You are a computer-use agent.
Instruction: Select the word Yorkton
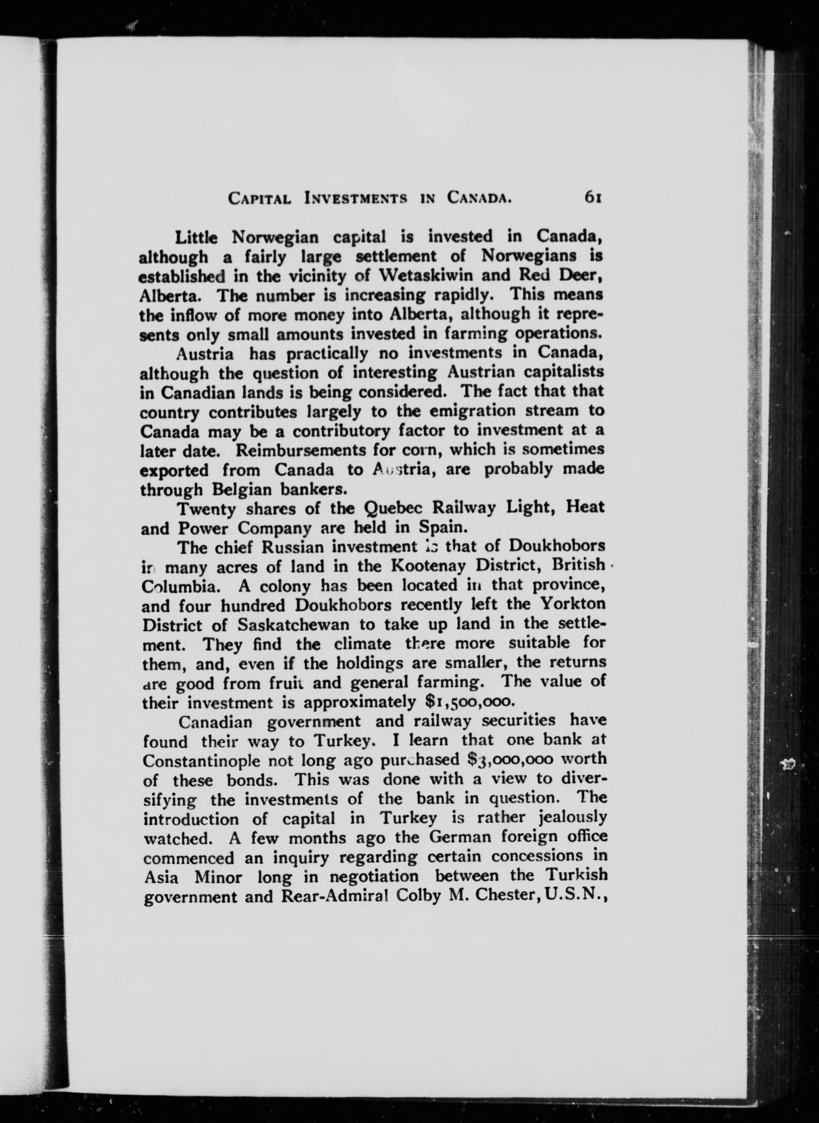click(x=572, y=604)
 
